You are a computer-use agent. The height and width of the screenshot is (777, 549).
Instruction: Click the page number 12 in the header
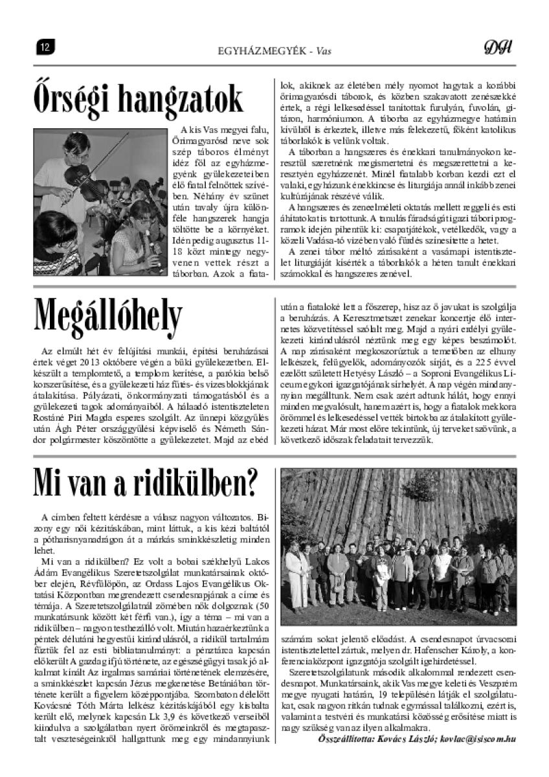tap(45, 46)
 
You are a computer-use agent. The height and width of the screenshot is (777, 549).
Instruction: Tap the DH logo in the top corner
tap(498, 47)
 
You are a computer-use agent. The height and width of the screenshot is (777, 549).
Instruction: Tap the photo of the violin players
tap(100, 202)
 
